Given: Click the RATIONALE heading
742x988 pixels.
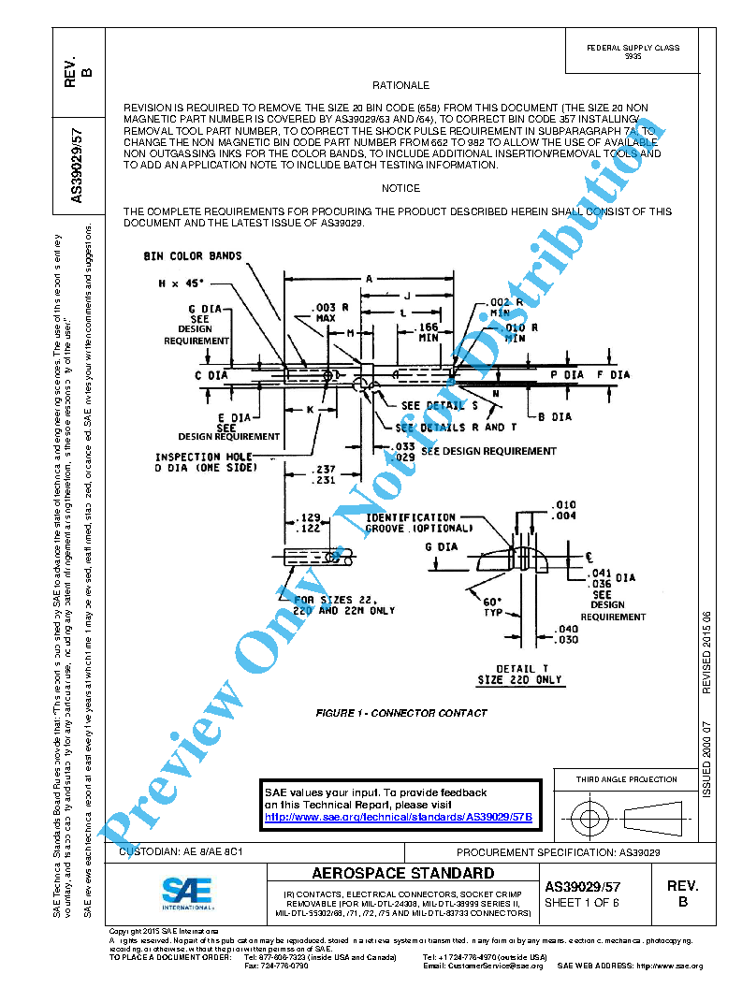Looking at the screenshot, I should tap(400, 85).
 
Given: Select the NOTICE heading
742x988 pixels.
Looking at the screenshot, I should tap(400, 188).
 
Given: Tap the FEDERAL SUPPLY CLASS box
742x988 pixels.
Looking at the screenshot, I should tap(633, 52).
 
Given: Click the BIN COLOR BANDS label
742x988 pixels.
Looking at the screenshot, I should tap(193, 256).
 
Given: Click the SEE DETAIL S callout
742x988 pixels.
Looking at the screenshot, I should tap(432, 406).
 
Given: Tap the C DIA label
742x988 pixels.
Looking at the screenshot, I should tap(211, 375).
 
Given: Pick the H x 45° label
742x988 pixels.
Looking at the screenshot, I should tap(181, 282).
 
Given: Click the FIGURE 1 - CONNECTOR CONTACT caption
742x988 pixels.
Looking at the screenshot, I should tap(401, 713).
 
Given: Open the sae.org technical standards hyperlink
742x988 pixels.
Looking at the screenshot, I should tap(399, 817).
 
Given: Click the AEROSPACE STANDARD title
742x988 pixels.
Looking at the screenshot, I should tap(402, 874).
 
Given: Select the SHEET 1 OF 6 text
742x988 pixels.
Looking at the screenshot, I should tap(582, 903).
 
